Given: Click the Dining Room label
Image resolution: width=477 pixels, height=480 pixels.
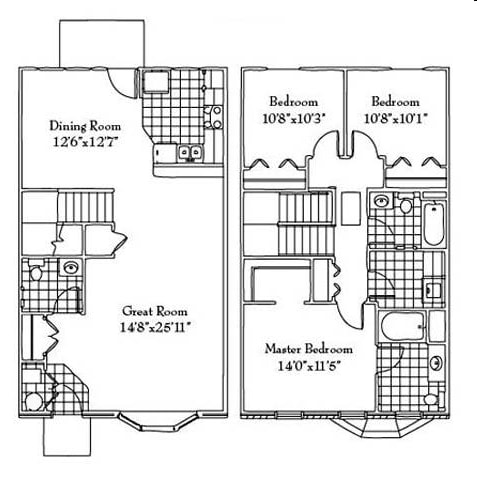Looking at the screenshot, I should point(86,126).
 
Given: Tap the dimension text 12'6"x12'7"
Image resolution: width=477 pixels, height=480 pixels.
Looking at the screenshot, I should point(86,141).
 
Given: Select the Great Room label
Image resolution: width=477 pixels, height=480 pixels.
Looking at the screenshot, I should point(156,310).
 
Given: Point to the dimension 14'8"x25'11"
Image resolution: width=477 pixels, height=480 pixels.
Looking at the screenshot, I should point(156,325).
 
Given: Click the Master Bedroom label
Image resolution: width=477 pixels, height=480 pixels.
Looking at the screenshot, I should point(308,350).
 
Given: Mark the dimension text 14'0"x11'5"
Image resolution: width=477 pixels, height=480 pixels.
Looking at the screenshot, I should point(308,365).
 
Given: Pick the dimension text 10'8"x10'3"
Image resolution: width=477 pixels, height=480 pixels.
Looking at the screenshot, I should point(293,116).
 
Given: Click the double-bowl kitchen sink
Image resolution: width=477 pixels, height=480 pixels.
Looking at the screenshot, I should point(188,153).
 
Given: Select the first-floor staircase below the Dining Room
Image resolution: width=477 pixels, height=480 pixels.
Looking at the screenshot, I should point(89,212).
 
